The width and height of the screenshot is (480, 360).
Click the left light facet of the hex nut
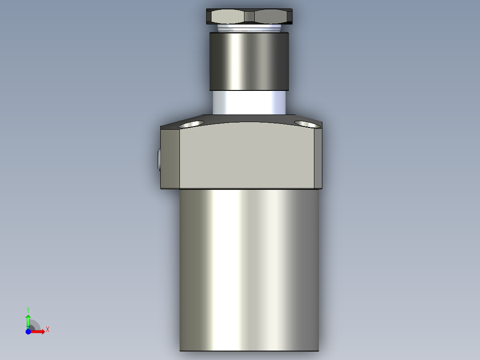pos(228,17)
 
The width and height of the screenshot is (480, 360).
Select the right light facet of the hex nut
pos(272,17)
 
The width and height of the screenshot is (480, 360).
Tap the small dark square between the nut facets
pos(249,17)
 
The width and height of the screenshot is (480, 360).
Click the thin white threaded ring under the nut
pos(249,28)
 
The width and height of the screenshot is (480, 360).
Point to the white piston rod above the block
pos(249,102)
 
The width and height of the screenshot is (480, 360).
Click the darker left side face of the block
pos(171,158)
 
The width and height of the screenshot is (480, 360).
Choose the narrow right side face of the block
pos(318,158)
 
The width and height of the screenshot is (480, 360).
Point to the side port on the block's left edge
pos(159,160)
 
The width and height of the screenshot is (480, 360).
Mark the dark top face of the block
pos(249,119)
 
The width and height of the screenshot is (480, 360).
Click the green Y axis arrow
pos(28,320)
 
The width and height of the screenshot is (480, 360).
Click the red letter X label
pos(48,330)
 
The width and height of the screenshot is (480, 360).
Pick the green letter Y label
pos(28,309)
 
